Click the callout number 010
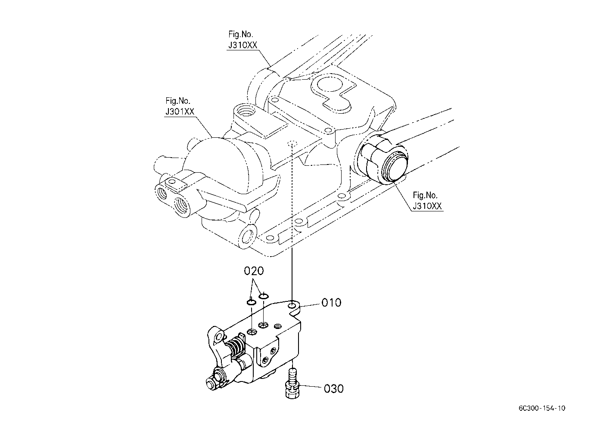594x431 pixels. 331,303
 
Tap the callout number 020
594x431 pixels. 254,271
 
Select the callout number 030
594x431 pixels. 333,388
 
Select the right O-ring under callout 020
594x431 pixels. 264,295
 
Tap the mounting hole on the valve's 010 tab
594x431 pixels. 293,305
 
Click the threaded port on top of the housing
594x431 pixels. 248,112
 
